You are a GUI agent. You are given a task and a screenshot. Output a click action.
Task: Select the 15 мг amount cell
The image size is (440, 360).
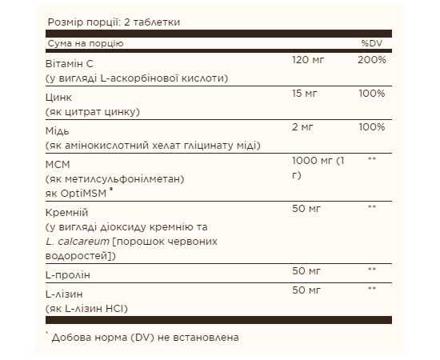pos(306,94)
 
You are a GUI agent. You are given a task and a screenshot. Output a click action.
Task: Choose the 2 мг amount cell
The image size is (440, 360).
pos(303,127)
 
